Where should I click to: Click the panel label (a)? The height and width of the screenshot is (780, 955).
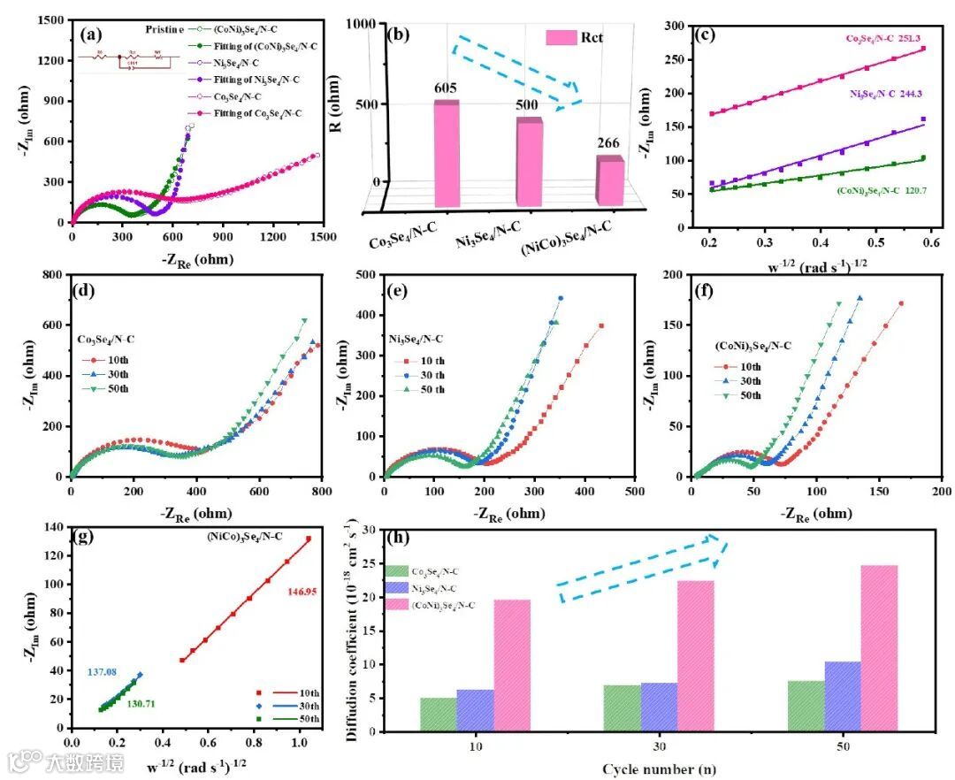pos(90,36)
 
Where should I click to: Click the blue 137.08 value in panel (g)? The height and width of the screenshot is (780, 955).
pos(103,672)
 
